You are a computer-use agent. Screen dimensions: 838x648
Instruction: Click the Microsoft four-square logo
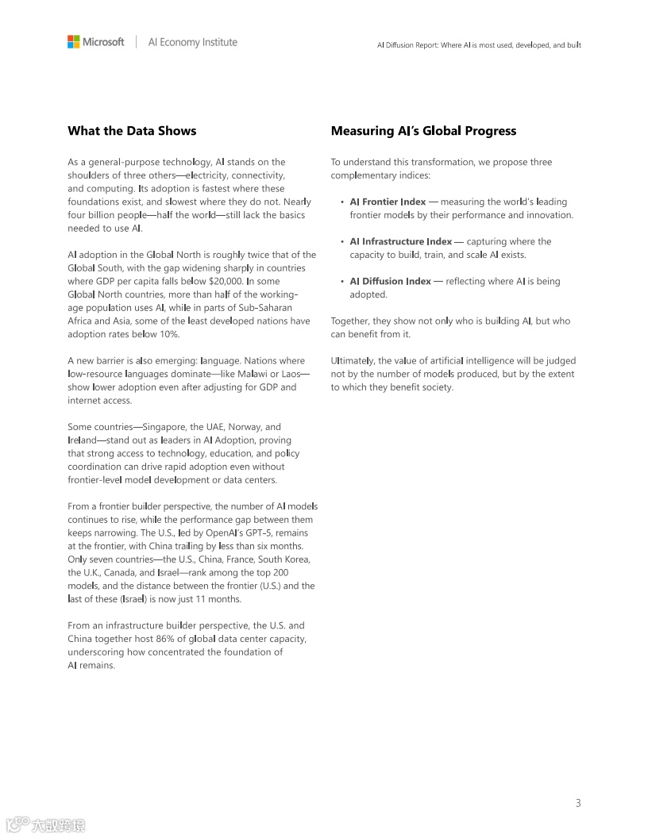[x=74, y=42]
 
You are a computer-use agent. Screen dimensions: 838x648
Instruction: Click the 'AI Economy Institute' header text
[x=192, y=42]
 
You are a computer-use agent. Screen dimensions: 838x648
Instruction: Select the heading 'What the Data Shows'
[x=132, y=131]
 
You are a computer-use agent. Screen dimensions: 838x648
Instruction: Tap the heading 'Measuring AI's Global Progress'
[x=423, y=131]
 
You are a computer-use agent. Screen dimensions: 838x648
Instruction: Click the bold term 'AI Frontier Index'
[x=388, y=202]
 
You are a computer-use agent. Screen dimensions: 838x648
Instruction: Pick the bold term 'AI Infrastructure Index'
[x=400, y=241]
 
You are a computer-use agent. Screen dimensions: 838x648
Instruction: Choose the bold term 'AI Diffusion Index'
[x=390, y=281]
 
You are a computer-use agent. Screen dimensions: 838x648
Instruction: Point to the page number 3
[x=578, y=803]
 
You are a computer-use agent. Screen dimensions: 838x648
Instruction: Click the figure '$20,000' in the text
[x=226, y=281]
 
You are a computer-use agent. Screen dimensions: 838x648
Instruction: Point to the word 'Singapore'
[x=164, y=427]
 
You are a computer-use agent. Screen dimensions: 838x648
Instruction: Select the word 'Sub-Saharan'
[x=265, y=308]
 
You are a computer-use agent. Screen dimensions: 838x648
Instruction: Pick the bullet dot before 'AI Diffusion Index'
[x=341, y=281]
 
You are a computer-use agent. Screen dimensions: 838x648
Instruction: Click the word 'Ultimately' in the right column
[x=352, y=361]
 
